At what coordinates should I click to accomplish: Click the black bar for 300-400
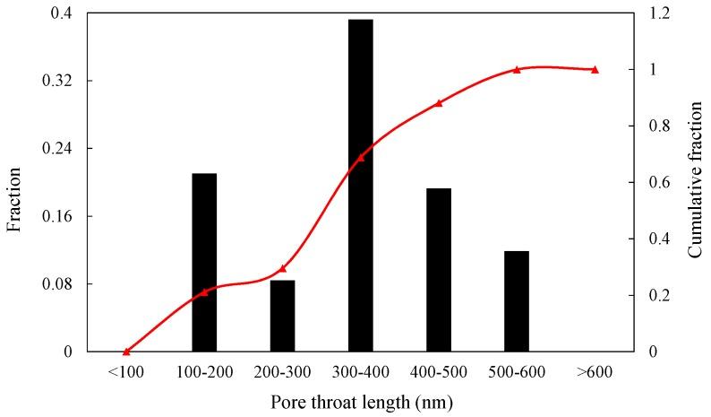[x=360, y=185]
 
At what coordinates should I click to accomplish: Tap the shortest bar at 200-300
[x=282, y=316]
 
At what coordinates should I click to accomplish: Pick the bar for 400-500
[x=438, y=269]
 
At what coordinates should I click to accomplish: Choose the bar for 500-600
[x=516, y=300]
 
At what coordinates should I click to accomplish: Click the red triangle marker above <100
[x=126, y=351]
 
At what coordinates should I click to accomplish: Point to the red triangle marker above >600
[x=595, y=69]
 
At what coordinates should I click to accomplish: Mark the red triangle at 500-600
[x=517, y=69]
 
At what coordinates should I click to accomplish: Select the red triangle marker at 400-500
[x=439, y=103]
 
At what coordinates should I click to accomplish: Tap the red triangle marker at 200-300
[x=282, y=268]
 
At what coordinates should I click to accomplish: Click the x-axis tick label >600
[x=595, y=370]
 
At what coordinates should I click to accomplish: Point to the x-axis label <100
[x=126, y=370]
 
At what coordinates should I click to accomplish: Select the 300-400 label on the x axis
[x=360, y=370]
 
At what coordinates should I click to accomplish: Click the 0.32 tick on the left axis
[x=57, y=81]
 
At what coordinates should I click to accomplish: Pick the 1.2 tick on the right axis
[x=656, y=13]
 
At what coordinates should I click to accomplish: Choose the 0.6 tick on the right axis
[x=656, y=182]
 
